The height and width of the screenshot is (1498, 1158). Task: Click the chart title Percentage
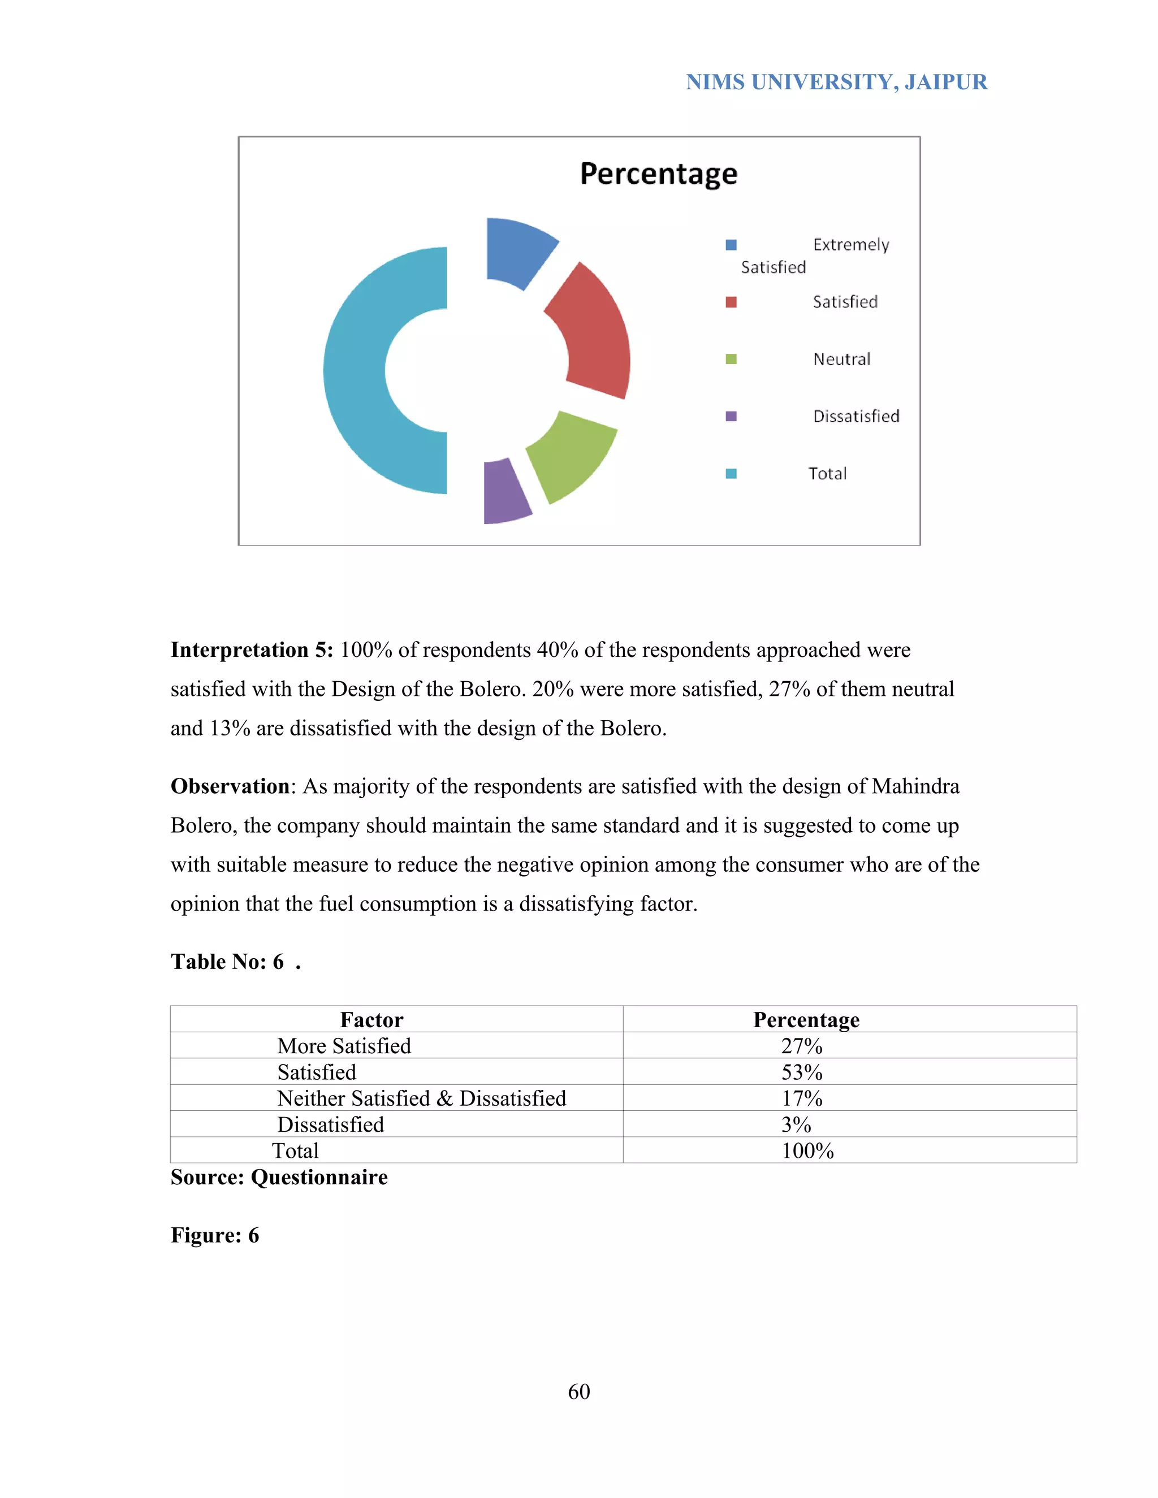658,174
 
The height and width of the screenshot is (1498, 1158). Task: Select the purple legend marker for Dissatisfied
731,417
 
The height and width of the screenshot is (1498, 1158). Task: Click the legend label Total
827,474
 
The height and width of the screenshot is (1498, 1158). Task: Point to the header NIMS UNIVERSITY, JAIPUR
836,83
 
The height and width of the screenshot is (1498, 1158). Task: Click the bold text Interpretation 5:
252,650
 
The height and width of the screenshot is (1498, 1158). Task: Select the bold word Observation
230,786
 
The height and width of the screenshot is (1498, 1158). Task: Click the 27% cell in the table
801,1046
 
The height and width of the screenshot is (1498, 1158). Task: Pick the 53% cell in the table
801,1072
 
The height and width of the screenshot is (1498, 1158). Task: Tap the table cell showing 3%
796,1125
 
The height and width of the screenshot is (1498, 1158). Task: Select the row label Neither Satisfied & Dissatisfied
421,1099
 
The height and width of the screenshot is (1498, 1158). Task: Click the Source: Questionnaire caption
279,1177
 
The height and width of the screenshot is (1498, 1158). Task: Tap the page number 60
578,1392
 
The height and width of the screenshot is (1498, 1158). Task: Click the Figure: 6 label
215,1235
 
